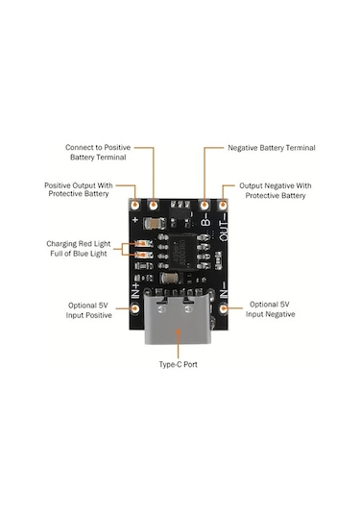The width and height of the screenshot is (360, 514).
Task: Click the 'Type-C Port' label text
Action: pos(180,366)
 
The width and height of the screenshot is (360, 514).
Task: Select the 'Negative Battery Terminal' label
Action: pos(272,149)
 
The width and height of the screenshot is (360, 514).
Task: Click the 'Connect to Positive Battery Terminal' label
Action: pos(96,154)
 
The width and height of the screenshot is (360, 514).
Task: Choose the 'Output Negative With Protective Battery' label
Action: pos(273,190)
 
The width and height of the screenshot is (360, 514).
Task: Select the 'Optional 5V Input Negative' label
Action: pos(272,309)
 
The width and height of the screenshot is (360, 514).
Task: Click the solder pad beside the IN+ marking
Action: pos(136,308)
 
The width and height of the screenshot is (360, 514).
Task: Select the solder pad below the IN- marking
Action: pos(224,308)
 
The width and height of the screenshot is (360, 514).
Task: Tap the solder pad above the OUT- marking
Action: pos(224,205)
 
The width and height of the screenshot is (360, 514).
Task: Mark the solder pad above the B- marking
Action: pos(204,205)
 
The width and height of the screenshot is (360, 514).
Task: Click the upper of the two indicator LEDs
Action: pos(142,244)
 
